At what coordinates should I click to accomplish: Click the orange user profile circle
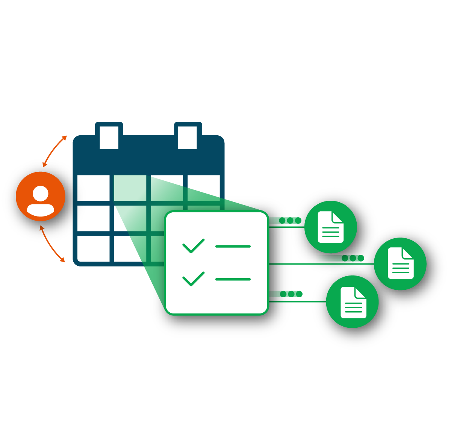pos(41,196)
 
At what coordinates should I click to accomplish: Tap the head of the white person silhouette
pos(41,193)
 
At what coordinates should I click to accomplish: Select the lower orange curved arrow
pos(51,244)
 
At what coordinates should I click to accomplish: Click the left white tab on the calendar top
pos(109,137)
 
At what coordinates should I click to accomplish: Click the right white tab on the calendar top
pos(187,137)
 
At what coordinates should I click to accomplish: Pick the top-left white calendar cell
pos(93,188)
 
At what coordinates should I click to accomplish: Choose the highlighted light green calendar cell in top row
pos(130,188)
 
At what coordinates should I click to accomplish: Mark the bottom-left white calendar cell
pos(93,248)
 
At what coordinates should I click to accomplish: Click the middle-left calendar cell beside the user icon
pos(93,218)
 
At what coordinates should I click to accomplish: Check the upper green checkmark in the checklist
pos(193,246)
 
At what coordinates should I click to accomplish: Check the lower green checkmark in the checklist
pos(193,279)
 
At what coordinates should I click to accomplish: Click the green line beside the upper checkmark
pos(233,247)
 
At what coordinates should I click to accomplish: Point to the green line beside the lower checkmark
pos(233,279)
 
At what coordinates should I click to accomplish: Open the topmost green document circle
pos(330,227)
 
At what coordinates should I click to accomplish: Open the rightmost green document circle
pos(400,263)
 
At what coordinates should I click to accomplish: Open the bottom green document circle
pos(353,302)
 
